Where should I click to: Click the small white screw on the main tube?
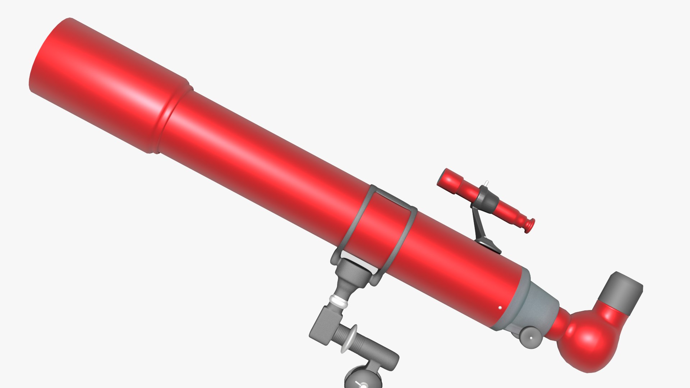pos(500,308)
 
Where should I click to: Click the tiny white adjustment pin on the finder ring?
pos(486,183)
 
